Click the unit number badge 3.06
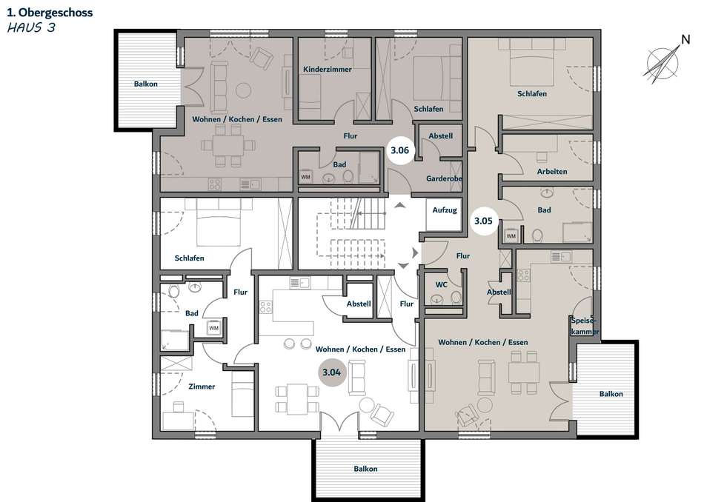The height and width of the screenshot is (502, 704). pyautogui.click(x=399, y=150)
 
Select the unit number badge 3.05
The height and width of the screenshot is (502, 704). pyautogui.click(x=484, y=221)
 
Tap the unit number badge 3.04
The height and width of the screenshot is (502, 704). pyautogui.click(x=332, y=372)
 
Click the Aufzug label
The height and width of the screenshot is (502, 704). pyautogui.click(x=445, y=210)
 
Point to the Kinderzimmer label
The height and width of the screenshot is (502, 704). pyautogui.click(x=328, y=69)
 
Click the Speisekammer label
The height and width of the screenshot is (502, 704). pyautogui.click(x=584, y=326)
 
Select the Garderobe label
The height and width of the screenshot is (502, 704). pyautogui.click(x=444, y=178)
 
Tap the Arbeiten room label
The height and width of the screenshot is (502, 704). pyautogui.click(x=552, y=171)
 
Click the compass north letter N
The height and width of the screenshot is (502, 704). pyautogui.click(x=685, y=39)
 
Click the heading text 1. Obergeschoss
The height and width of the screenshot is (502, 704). pyautogui.click(x=50, y=13)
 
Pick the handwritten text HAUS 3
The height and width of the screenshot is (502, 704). pyautogui.click(x=31, y=28)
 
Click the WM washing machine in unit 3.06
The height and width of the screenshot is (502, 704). pyautogui.click(x=306, y=177)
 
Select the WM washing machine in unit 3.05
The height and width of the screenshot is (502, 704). pyautogui.click(x=511, y=236)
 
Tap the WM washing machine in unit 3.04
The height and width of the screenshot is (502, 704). pyautogui.click(x=213, y=328)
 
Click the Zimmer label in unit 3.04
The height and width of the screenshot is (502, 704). pyautogui.click(x=202, y=386)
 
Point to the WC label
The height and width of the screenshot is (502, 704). pyautogui.click(x=442, y=284)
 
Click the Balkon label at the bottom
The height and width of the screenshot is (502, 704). pyautogui.click(x=365, y=469)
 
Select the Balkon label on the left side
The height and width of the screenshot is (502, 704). pyautogui.click(x=145, y=84)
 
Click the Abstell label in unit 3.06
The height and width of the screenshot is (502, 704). pyautogui.click(x=440, y=136)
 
